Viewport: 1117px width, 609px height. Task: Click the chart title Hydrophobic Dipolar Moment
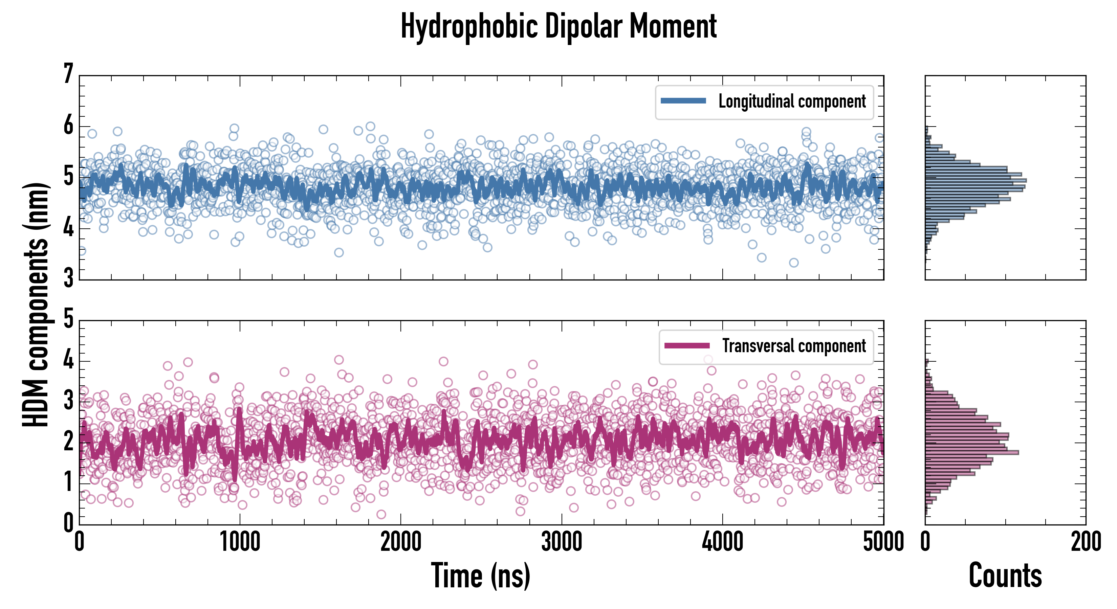[x=558, y=27]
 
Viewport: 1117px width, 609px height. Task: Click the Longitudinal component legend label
[x=792, y=101]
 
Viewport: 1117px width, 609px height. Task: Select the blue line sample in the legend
[x=683, y=101]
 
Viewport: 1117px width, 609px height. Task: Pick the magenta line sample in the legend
[x=687, y=346]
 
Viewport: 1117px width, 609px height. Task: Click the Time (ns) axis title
[x=480, y=576]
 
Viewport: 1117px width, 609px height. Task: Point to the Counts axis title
[x=1005, y=576]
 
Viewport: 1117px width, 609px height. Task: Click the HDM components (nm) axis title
[x=36, y=305]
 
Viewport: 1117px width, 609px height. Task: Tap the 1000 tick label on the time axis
[x=240, y=542]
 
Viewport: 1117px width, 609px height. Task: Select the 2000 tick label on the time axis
[x=401, y=542]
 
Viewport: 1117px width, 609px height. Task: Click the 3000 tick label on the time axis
[x=562, y=542]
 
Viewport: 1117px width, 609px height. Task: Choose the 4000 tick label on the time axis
[x=722, y=542]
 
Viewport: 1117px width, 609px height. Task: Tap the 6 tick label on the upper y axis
[x=68, y=126]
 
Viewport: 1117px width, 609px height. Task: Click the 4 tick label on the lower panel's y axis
[x=68, y=360]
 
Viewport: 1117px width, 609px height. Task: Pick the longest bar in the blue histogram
[x=976, y=180]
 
